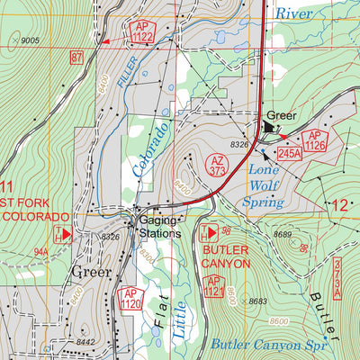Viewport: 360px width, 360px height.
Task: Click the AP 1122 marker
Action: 140,32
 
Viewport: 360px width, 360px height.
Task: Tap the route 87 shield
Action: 76,57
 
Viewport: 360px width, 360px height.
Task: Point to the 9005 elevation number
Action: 31,40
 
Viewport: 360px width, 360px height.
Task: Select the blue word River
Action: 296,13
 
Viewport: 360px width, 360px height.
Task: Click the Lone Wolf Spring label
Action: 265,186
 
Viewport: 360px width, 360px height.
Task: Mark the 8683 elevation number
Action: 257,301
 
